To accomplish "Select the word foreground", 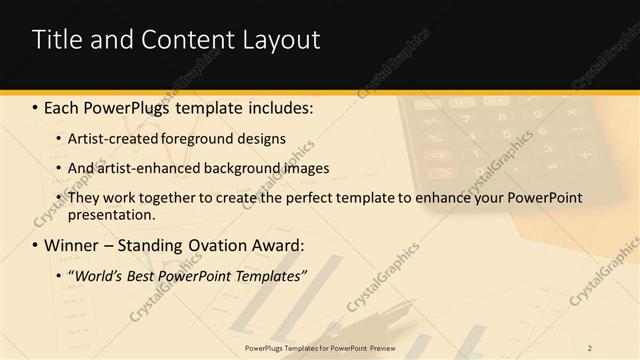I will point(199,138).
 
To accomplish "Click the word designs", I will point(263,138).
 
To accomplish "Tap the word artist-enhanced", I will point(146,168).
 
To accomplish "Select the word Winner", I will point(69,245).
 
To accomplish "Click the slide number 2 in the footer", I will point(590,347).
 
